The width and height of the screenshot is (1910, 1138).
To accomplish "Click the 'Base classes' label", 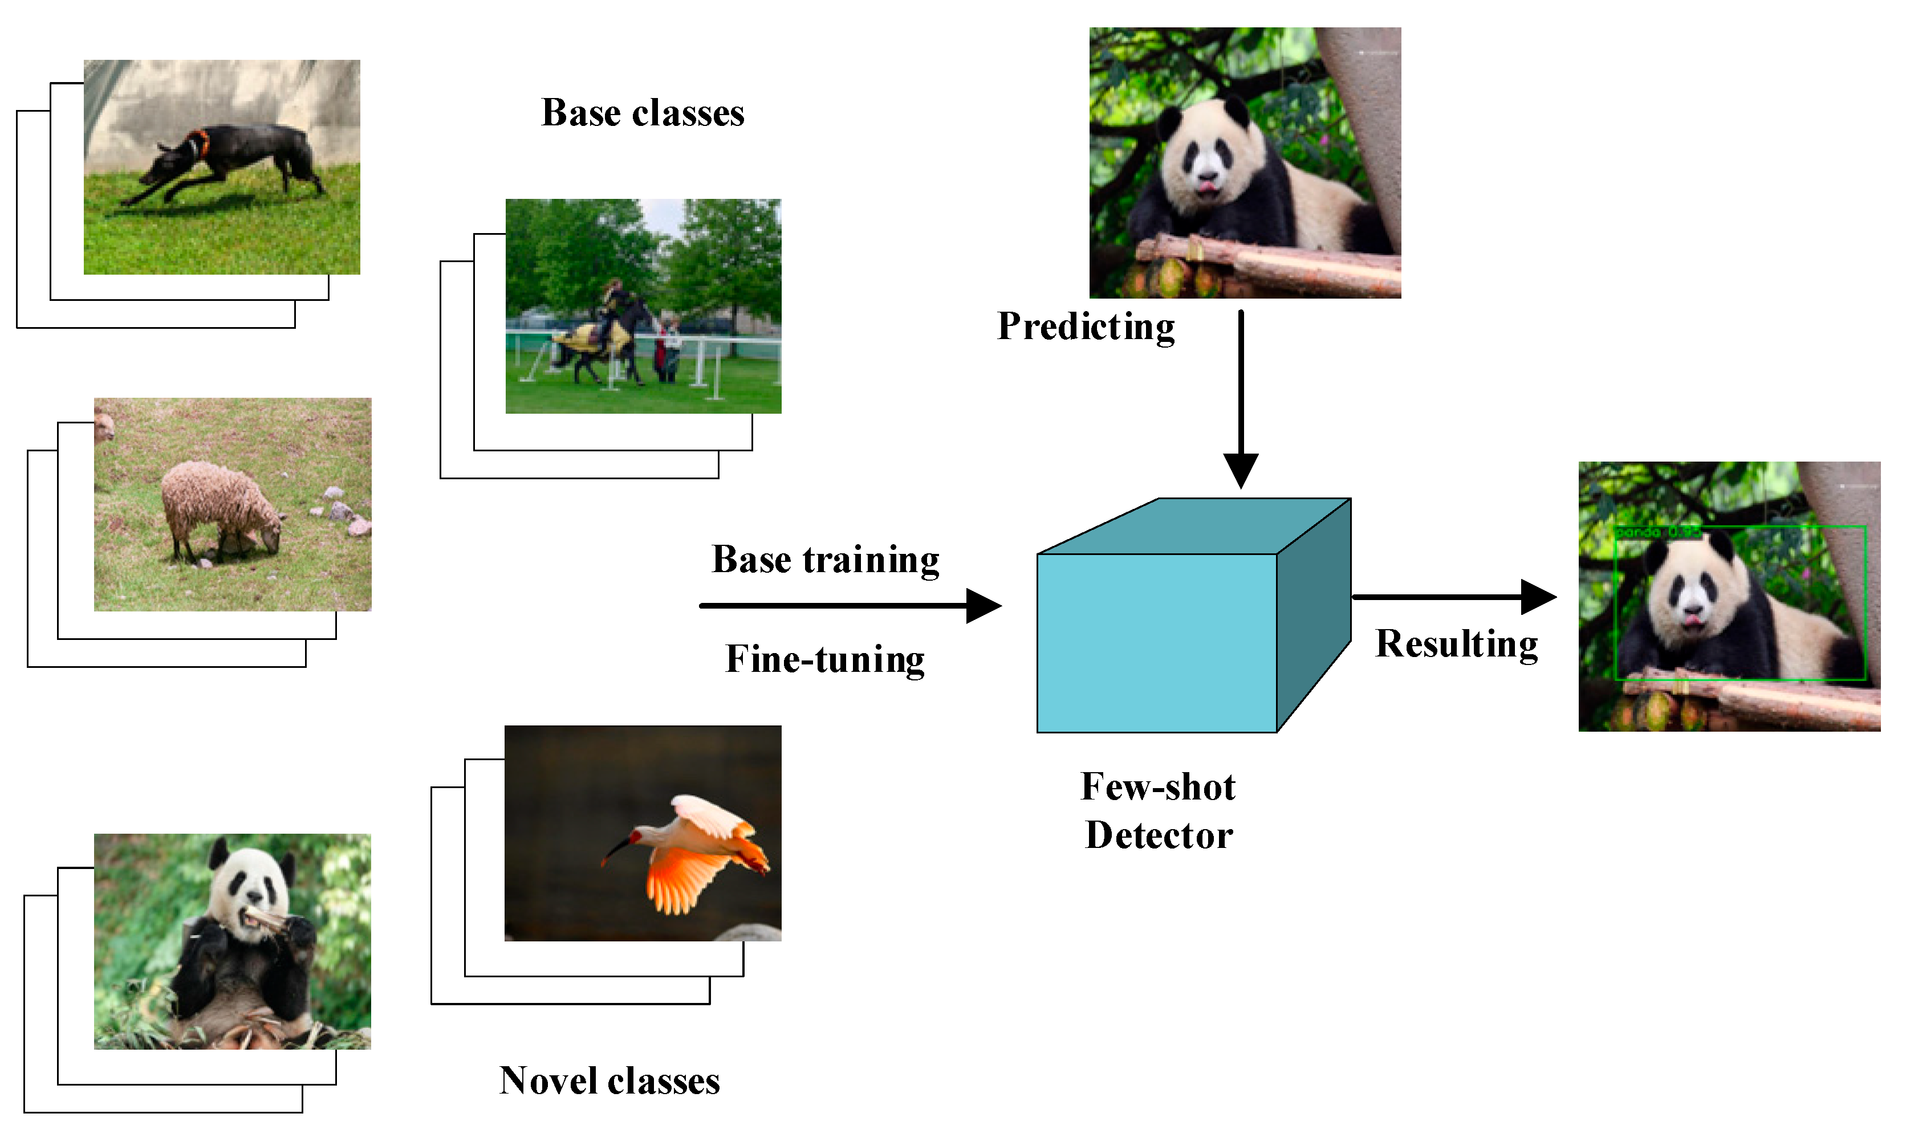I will coord(643,113).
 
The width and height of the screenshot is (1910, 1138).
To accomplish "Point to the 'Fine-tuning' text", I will coord(826,659).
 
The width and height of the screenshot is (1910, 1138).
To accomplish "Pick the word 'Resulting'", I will coord(1457,643).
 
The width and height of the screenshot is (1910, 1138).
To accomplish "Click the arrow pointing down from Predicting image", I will coord(1240,399).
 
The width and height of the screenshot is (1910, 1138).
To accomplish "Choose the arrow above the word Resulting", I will coord(1453,597).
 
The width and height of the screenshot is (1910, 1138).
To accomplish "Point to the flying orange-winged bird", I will coord(694,851).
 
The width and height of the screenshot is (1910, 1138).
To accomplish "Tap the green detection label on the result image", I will coord(1657,532).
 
